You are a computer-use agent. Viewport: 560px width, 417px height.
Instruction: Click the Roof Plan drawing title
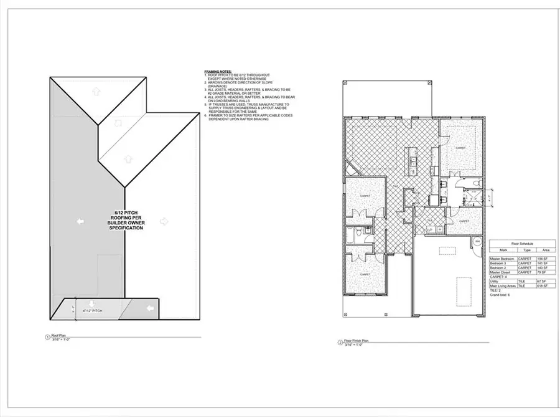pos(59,337)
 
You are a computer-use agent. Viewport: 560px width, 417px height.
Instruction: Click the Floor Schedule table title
pos(523,243)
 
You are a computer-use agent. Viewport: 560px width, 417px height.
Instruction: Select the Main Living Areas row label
pos(502,285)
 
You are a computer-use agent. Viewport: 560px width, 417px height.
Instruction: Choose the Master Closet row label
pos(501,272)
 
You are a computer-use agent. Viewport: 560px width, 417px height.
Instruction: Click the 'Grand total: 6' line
pos(500,295)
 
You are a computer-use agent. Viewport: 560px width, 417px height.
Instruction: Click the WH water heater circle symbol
pos(478,241)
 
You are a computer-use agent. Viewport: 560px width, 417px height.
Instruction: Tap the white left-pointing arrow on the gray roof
pos(80,221)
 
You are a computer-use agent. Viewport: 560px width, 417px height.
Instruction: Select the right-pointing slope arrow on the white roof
pos(164,221)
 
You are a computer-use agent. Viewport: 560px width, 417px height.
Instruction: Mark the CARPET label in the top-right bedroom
pos(460,148)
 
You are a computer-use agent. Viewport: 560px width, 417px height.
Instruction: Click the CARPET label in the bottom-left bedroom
pos(365,274)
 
